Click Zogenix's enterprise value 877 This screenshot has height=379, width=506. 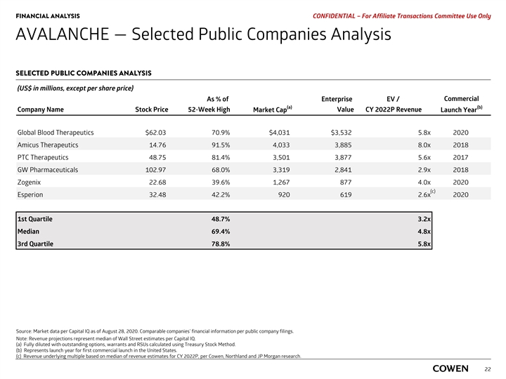click(344, 182)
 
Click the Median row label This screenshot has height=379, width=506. click(29, 231)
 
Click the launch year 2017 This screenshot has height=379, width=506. click(461, 157)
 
